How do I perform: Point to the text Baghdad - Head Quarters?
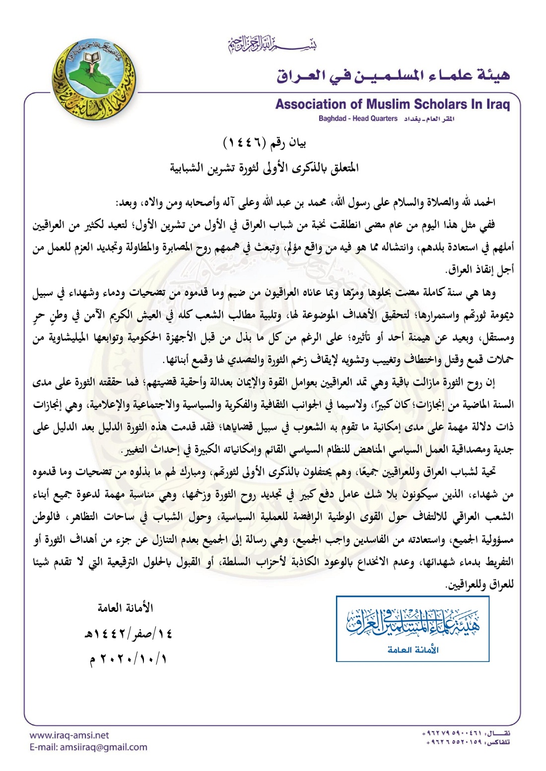358,119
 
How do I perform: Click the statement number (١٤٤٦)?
246,143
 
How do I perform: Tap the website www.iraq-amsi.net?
69,735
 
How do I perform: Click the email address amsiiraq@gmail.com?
88,747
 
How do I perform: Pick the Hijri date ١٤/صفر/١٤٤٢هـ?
128,633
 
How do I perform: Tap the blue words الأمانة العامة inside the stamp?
412,650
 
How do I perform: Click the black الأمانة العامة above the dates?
125,607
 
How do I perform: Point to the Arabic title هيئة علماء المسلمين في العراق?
393,75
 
